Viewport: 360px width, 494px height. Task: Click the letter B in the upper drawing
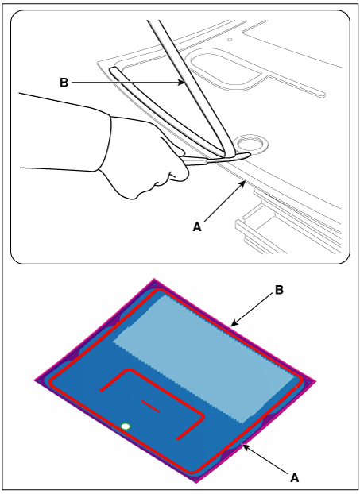(x=64, y=83)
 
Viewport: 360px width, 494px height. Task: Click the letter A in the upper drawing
(x=197, y=227)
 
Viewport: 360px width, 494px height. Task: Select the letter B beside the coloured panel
(x=279, y=290)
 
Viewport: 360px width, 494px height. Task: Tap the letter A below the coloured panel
(x=294, y=478)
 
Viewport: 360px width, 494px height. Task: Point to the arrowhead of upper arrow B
(x=181, y=83)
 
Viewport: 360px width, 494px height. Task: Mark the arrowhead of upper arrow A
(x=242, y=183)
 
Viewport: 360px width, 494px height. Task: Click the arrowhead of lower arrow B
(x=234, y=323)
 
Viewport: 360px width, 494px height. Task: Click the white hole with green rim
(x=126, y=426)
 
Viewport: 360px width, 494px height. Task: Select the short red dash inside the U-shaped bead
(x=150, y=406)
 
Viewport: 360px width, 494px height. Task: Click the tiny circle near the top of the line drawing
(x=230, y=40)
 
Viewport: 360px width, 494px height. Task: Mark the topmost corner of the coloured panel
(x=154, y=279)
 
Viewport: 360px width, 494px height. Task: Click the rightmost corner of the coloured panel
(x=315, y=382)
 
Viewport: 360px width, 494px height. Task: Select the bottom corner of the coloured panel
(x=195, y=482)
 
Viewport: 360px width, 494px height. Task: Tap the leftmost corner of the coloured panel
(x=35, y=380)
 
